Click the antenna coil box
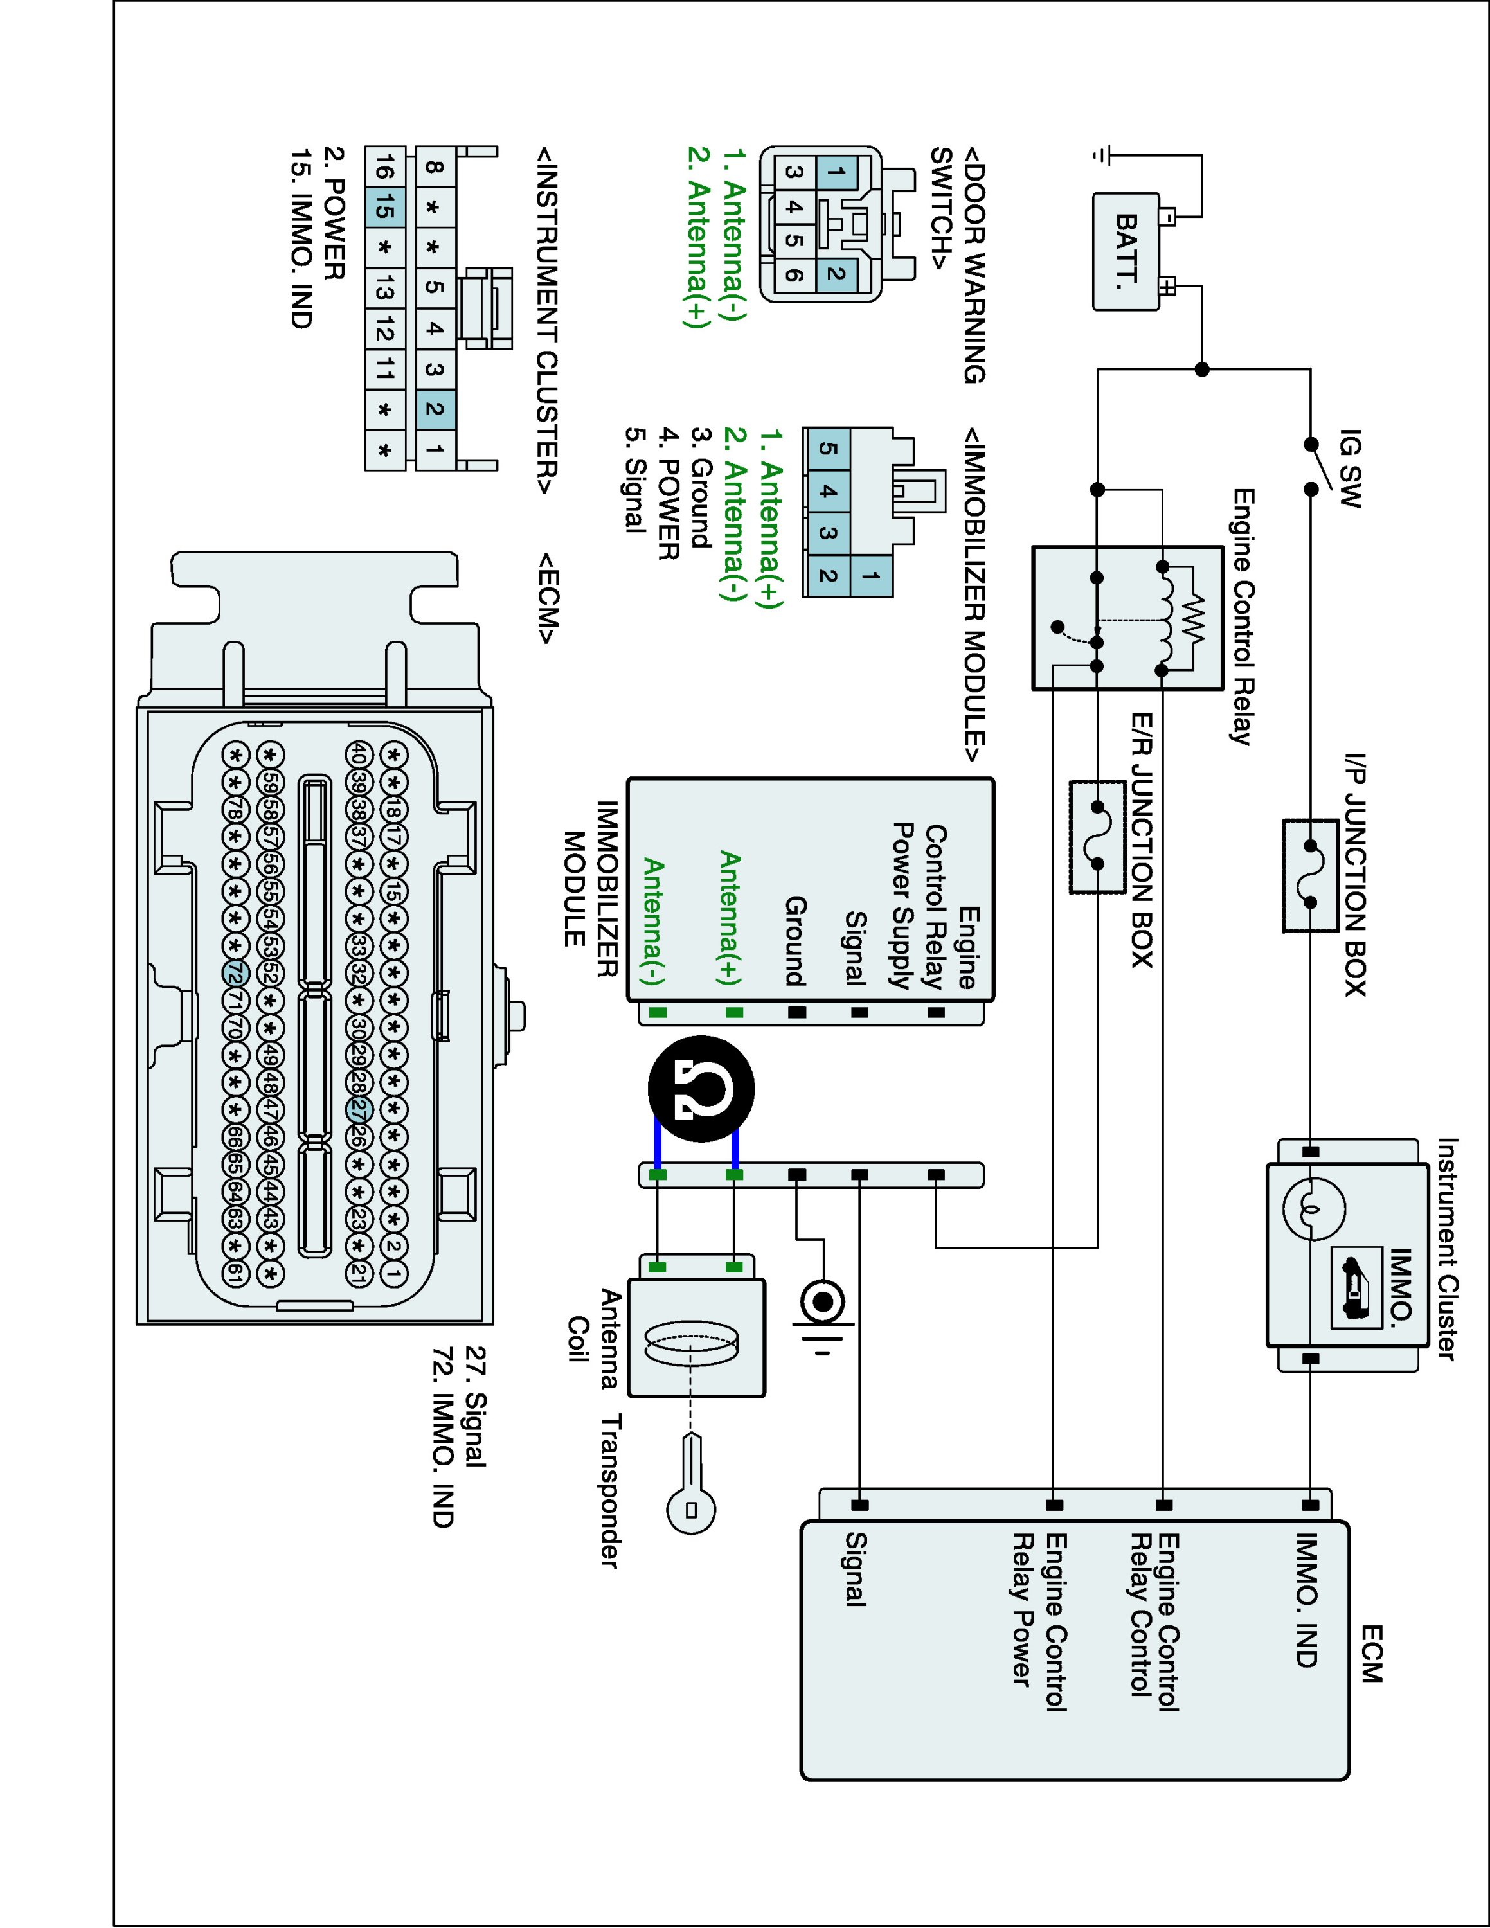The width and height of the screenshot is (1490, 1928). (696, 1338)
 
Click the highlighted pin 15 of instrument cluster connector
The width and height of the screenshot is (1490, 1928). (384, 208)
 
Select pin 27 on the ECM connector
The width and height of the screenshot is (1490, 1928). (359, 1110)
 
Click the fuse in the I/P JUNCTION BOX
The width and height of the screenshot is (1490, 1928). (1310, 875)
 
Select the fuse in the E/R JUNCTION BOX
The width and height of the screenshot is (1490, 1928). (1097, 835)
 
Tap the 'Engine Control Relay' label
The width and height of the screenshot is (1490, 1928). (1242, 617)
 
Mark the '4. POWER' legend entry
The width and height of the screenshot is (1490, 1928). (669, 494)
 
